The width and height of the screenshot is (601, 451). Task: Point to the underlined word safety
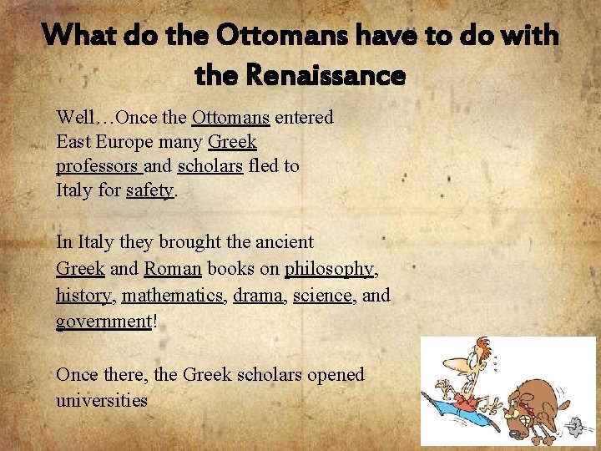coord(149,190)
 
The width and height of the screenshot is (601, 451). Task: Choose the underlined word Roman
coord(173,269)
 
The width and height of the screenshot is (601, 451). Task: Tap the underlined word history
coord(83,296)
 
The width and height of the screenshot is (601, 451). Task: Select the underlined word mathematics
coord(171,296)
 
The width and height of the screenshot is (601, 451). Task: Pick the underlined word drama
coord(258,296)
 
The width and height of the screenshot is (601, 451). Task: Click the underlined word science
coord(322,296)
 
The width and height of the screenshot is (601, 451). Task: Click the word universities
coord(102,400)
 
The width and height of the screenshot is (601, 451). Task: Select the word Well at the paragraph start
coord(73,118)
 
